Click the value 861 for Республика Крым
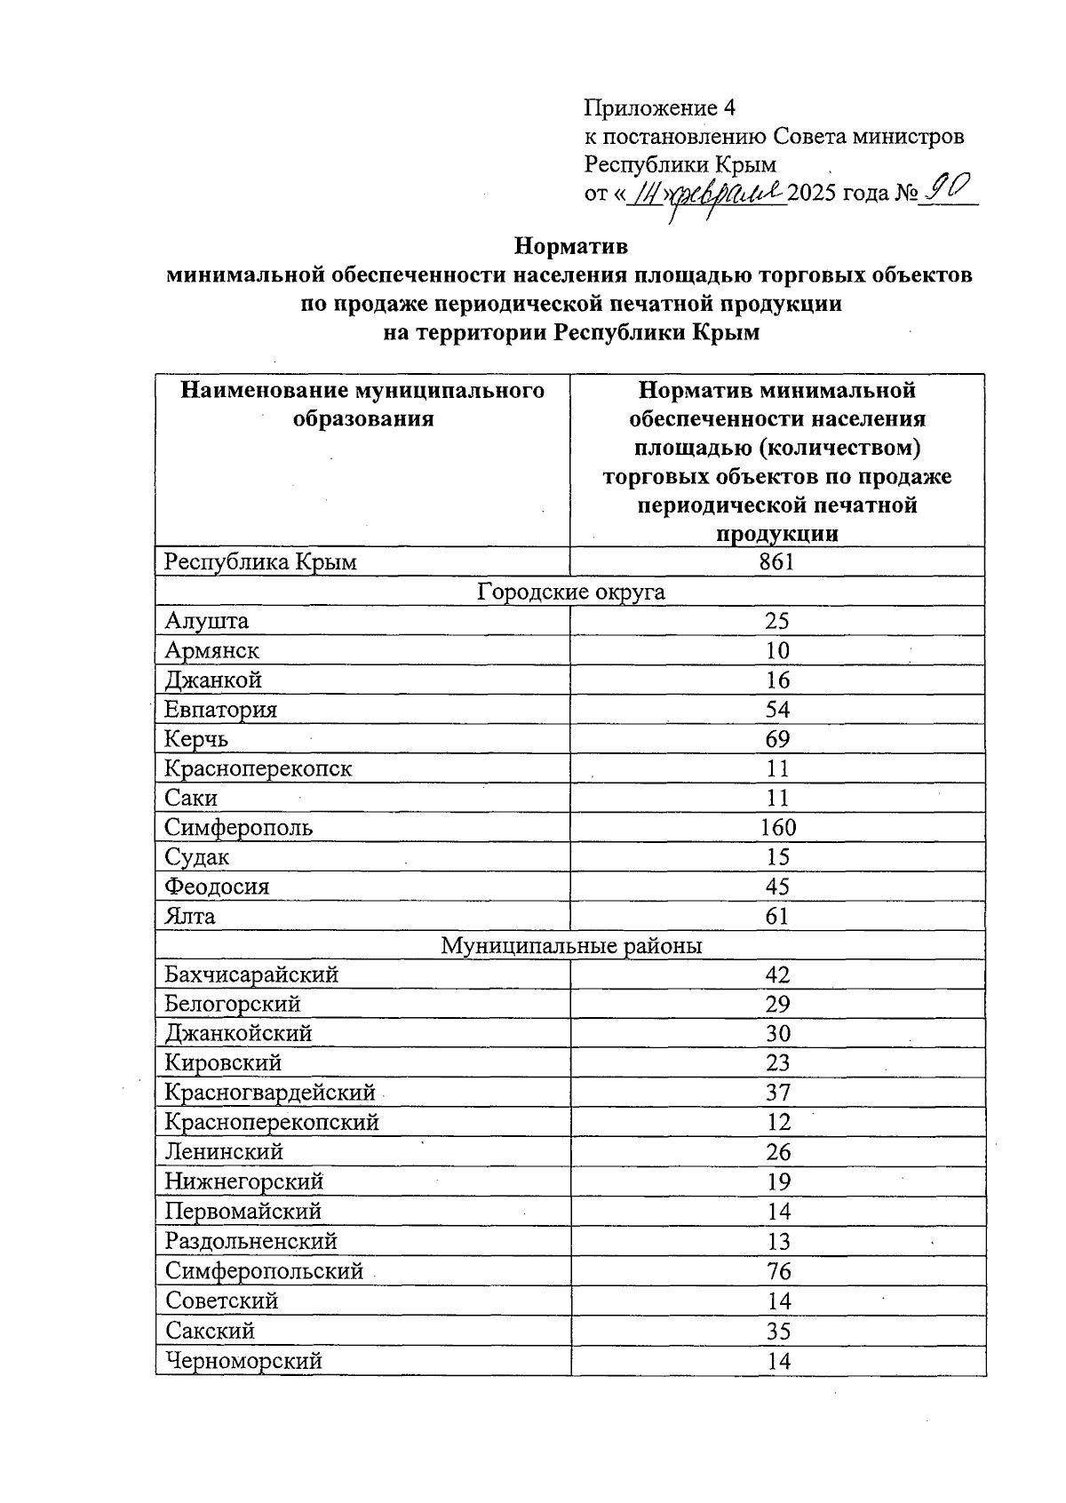tap(777, 561)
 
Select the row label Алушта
tap(207, 621)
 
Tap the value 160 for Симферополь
tap(778, 828)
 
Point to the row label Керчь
tap(196, 739)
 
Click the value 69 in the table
tap(777, 739)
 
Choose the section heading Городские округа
tap(570, 592)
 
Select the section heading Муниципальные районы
tap(570, 946)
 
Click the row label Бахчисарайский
tap(251, 975)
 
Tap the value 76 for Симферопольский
tap(778, 1271)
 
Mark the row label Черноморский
tap(243, 1361)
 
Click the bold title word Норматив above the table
tap(571, 244)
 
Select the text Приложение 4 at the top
tap(659, 108)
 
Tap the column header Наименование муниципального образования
tap(362, 404)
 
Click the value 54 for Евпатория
tap(777, 710)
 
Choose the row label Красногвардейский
tap(270, 1093)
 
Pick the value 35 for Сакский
tap(778, 1331)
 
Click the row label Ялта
tap(190, 916)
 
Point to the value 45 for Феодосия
tap(777, 887)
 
